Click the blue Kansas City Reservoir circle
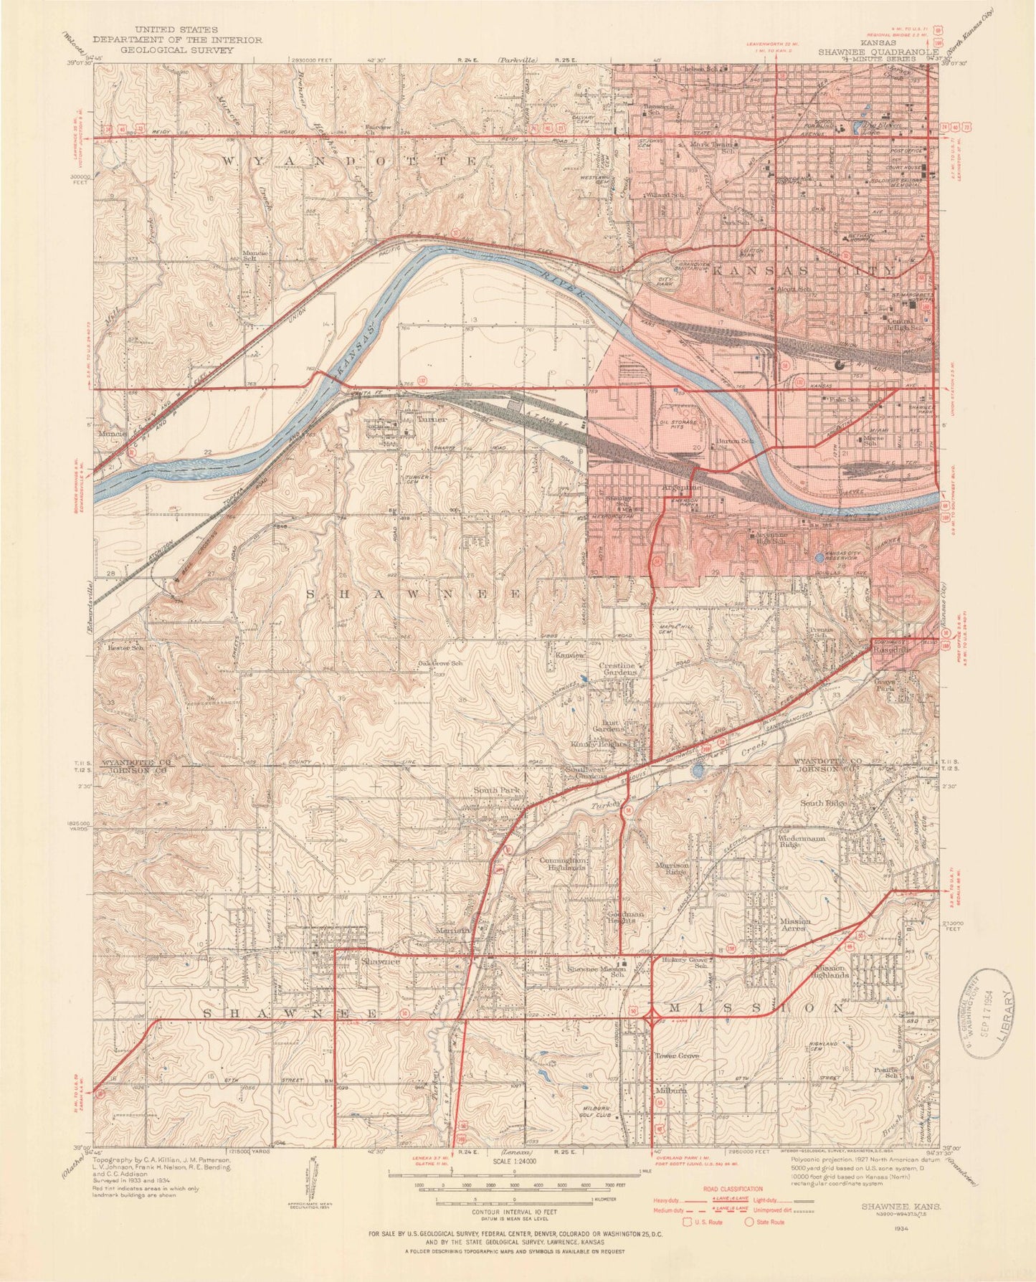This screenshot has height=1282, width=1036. coord(819,557)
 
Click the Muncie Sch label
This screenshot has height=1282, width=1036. coord(254,255)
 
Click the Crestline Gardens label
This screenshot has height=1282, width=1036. coord(617,669)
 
